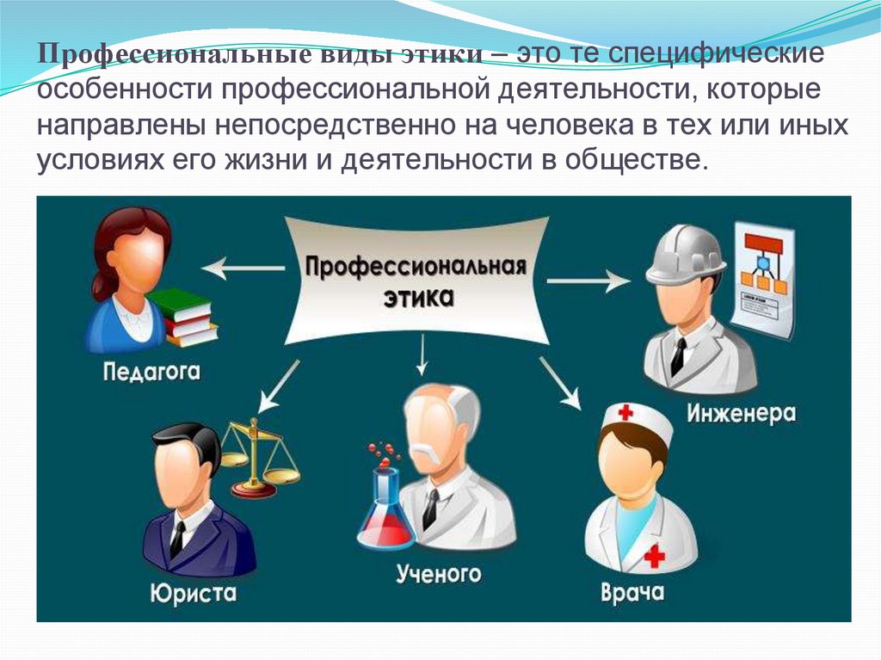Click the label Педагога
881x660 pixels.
pyautogui.click(x=151, y=373)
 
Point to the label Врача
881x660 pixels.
pyautogui.click(x=632, y=593)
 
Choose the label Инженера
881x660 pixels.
pyautogui.click(x=741, y=414)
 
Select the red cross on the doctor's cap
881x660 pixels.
pyautogui.click(x=625, y=414)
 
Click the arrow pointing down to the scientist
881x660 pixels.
pyautogui.click(x=422, y=355)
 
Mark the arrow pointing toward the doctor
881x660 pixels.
pyautogui.click(x=560, y=384)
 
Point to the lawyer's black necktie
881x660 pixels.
pyautogui.click(x=177, y=540)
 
